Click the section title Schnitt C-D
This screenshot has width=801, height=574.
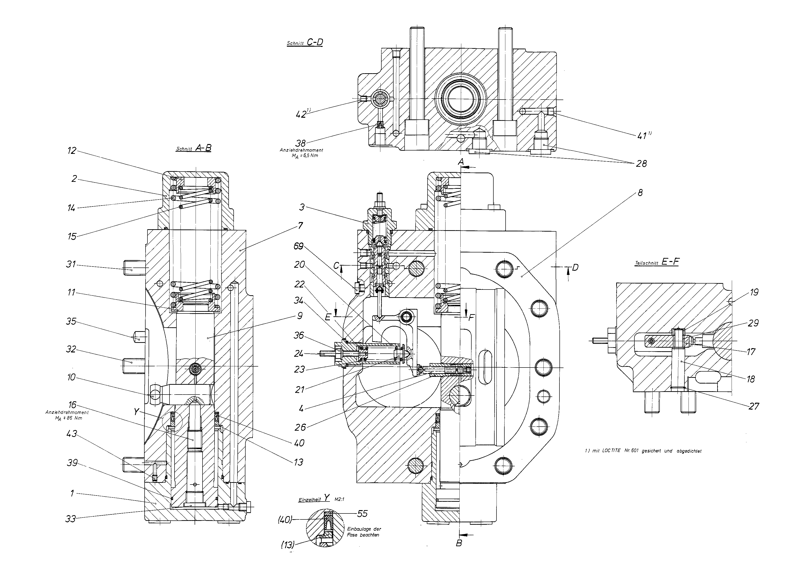click(x=305, y=43)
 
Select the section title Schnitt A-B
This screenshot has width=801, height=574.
click(x=193, y=148)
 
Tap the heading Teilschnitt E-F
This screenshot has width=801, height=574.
click(x=657, y=262)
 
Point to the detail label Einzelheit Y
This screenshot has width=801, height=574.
click(x=314, y=499)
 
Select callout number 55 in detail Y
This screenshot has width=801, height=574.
click(x=362, y=514)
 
